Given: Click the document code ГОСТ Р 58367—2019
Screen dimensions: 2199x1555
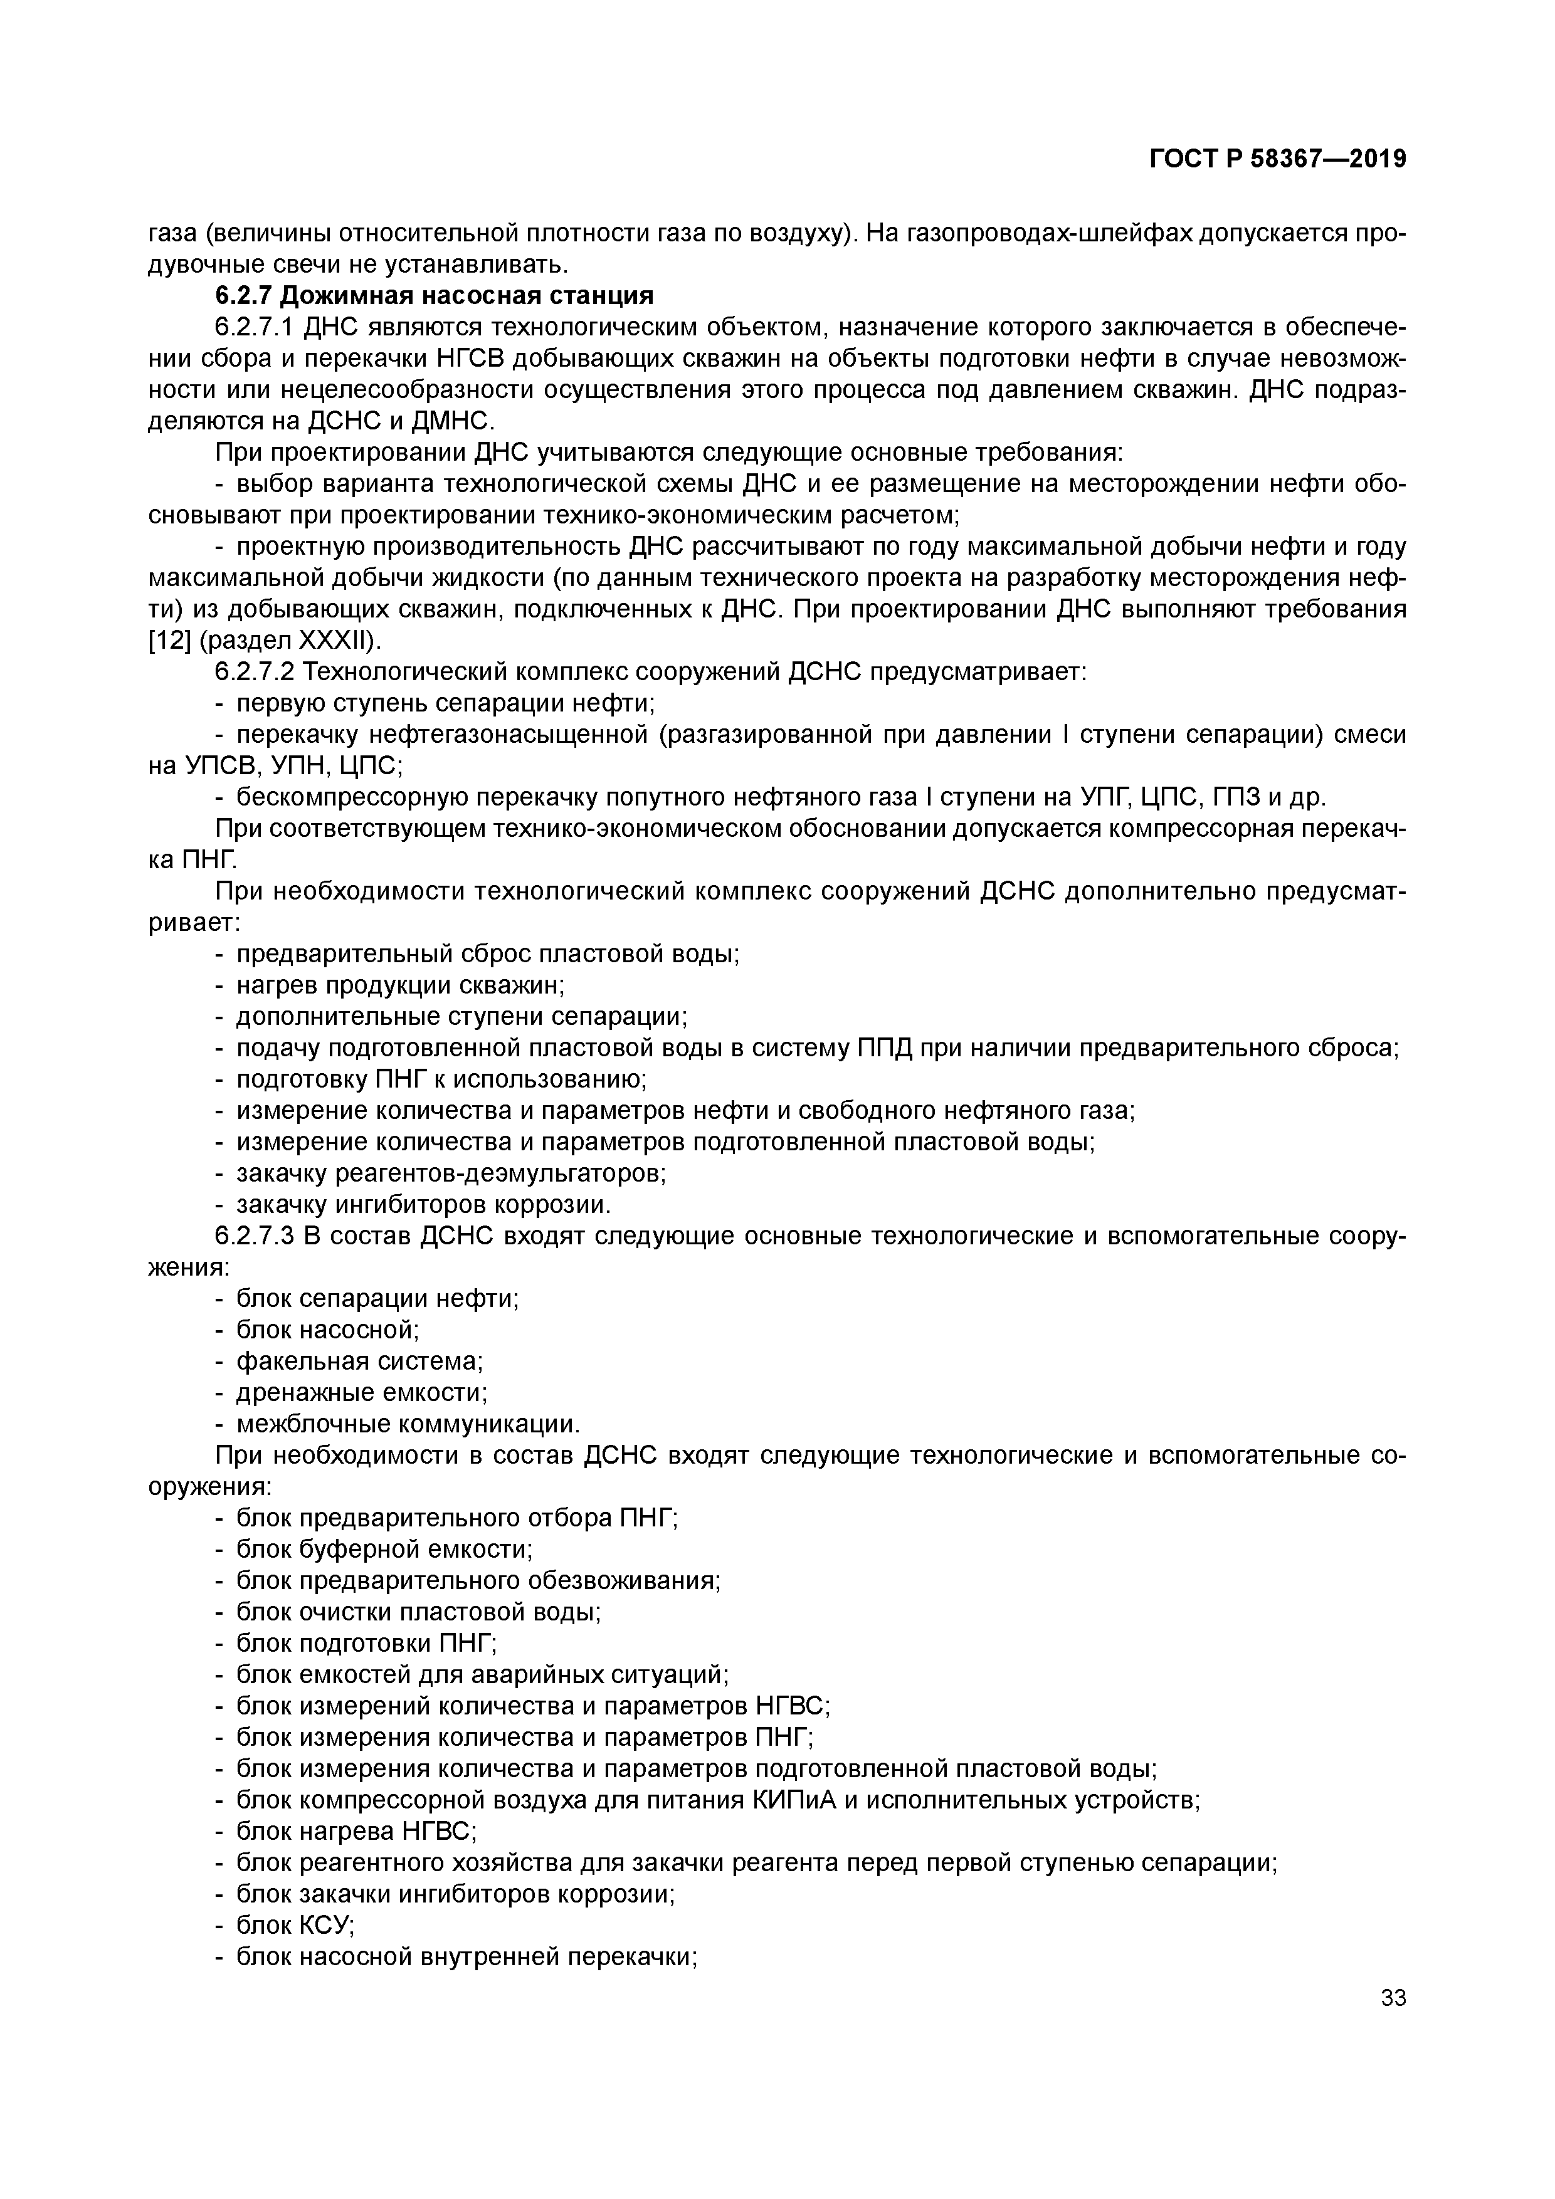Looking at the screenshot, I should pyautogui.click(x=1277, y=159).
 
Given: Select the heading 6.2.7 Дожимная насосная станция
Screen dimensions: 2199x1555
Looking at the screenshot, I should pyautogui.click(x=434, y=296).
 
